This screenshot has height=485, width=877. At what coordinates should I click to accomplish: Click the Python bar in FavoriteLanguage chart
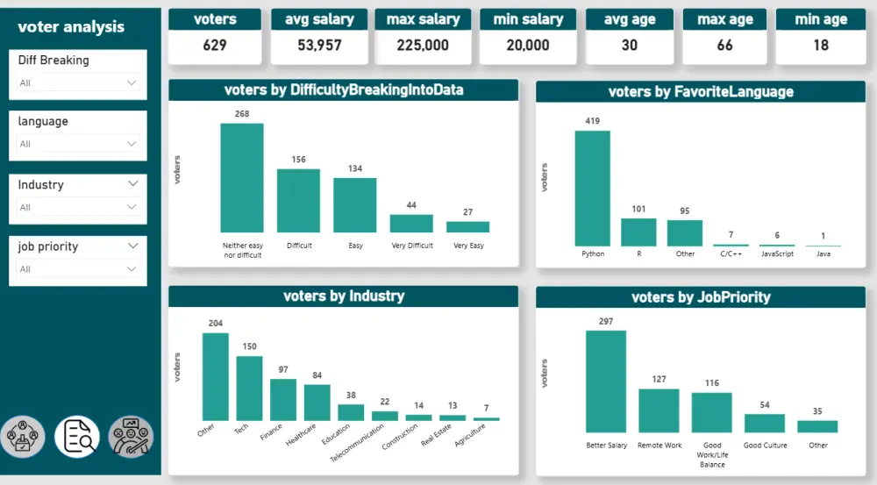coord(592,188)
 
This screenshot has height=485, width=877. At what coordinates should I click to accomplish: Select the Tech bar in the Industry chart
coord(249,388)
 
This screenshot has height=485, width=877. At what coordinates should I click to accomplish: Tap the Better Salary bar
coord(605,381)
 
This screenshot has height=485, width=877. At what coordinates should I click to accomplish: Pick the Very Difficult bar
coord(411,224)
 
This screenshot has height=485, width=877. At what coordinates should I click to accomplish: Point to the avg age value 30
coord(630,45)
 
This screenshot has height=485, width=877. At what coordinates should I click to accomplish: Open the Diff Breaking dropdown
coord(78,82)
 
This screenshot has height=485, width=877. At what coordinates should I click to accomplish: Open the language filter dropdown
coord(78,144)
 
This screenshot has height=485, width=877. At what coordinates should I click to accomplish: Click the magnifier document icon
coord(77,436)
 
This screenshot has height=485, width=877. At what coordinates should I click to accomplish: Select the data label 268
coord(242,114)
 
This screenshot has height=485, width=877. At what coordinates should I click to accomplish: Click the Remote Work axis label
coord(660,446)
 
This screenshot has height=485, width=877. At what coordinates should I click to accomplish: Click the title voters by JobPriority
coord(701,297)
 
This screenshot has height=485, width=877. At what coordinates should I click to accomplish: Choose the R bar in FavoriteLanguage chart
coord(638,232)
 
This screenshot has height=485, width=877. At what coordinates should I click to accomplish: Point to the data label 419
coord(592,121)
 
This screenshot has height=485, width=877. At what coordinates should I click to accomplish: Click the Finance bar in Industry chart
coord(283,399)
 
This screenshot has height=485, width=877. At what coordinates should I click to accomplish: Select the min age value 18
coord(821,45)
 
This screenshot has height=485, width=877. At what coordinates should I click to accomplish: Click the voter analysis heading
coord(71,27)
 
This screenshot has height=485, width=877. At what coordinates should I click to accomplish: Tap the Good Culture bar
coord(764,423)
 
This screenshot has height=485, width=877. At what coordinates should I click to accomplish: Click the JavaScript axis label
coord(777,254)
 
